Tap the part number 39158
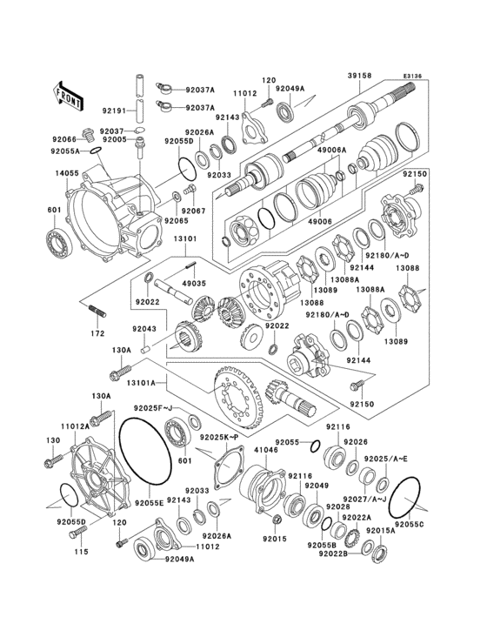pyautogui.click(x=359, y=77)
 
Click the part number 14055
pyautogui.click(x=68, y=174)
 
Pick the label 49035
pyautogui.click(x=195, y=283)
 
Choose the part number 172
pyautogui.click(x=97, y=334)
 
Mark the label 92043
pyautogui.click(x=144, y=330)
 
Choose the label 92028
pyautogui.click(x=338, y=506)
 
